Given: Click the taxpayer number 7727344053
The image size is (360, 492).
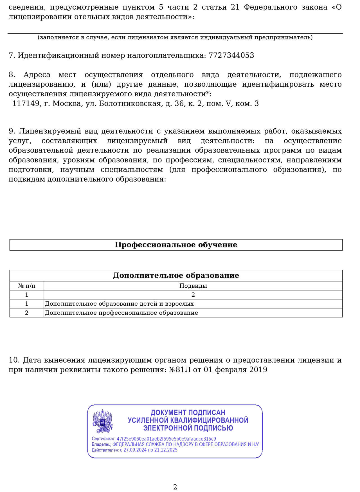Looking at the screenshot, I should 231,55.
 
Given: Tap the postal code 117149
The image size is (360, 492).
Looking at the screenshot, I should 26,104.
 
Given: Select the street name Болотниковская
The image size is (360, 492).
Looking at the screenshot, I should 130,104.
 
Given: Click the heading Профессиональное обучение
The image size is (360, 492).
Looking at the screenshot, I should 176,245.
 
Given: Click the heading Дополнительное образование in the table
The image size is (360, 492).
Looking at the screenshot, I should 176,275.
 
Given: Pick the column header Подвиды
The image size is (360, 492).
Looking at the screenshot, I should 193,286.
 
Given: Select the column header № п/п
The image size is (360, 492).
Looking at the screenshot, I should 27,286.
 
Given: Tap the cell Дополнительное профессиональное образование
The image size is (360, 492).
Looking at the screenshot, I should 121,313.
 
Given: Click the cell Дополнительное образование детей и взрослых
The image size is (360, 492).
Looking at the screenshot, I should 119,304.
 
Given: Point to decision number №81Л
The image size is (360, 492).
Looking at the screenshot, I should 180,370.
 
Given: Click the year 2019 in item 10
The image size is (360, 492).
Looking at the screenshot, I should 258,370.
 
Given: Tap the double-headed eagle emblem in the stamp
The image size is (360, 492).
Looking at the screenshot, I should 103,421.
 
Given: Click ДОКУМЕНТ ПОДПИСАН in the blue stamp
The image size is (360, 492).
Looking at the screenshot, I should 188,413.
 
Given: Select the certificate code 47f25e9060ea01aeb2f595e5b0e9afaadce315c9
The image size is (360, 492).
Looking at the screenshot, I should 166,439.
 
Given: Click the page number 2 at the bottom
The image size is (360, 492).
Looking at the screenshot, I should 175,487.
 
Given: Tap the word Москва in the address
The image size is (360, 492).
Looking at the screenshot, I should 67,104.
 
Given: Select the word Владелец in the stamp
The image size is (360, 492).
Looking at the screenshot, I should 101,444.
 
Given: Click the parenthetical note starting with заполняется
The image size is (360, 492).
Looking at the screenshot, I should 175,37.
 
